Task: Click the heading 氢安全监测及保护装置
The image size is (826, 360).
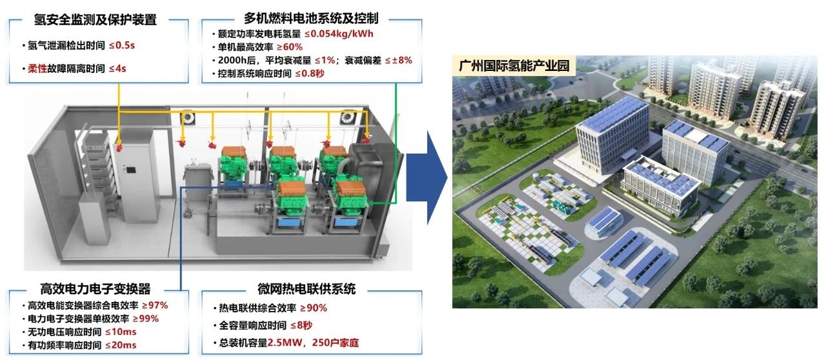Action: click(x=95, y=20)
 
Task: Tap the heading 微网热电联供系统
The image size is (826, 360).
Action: click(x=312, y=288)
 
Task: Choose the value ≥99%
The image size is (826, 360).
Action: click(x=145, y=318)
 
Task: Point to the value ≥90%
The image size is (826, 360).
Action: click(x=314, y=308)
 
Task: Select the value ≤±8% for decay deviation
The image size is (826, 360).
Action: click(x=399, y=60)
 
